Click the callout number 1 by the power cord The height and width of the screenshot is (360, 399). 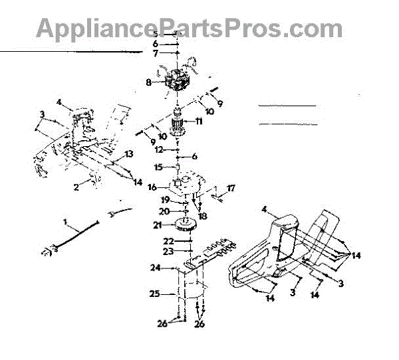click(66, 220)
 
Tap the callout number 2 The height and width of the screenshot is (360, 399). click(76, 187)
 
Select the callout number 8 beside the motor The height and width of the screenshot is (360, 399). click(150, 83)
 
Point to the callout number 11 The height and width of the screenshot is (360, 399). click(198, 122)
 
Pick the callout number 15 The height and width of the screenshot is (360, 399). click(158, 167)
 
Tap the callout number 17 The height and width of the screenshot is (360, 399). click(231, 189)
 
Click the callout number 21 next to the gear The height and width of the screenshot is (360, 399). click(157, 226)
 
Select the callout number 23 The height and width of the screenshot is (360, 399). click(170, 252)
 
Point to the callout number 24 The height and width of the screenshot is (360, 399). click(156, 268)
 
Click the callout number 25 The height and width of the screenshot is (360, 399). click(154, 294)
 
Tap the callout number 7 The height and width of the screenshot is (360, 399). click(156, 52)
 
